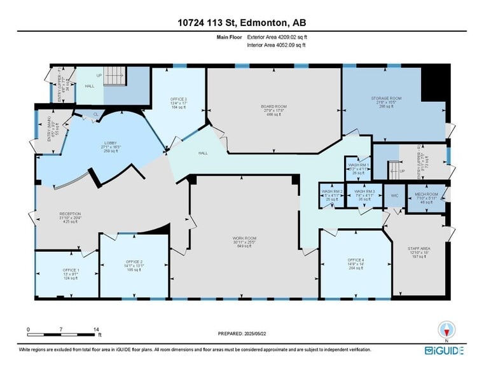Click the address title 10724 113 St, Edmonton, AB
242,24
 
